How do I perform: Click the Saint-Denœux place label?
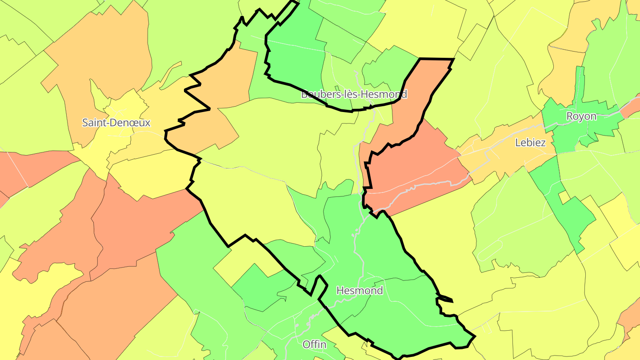tap(116, 123)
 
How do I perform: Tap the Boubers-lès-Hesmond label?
tap(354, 94)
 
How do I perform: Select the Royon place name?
tap(581, 116)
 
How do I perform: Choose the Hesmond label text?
tap(360, 291)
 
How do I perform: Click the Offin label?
tap(314, 344)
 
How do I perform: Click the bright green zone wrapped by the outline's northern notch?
tap(296, 58)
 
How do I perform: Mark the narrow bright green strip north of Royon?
tap(580, 84)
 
